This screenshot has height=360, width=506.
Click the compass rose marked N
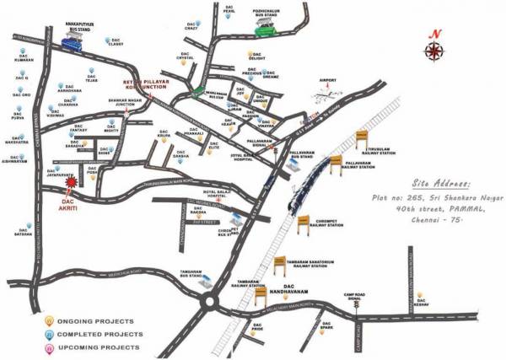[435, 51]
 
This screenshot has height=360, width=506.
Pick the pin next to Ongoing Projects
[50, 321]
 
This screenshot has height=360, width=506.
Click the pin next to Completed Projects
[50, 334]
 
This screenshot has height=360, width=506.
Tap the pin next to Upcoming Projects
[50, 347]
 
